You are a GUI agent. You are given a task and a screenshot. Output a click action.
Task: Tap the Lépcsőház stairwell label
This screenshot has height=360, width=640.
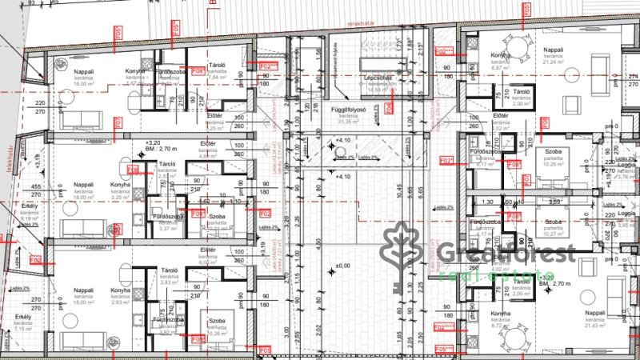[377, 78]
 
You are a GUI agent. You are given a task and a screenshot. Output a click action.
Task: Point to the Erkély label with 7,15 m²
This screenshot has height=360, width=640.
[22, 322]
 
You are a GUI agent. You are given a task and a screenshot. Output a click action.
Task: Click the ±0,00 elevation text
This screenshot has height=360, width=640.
[343, 266]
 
